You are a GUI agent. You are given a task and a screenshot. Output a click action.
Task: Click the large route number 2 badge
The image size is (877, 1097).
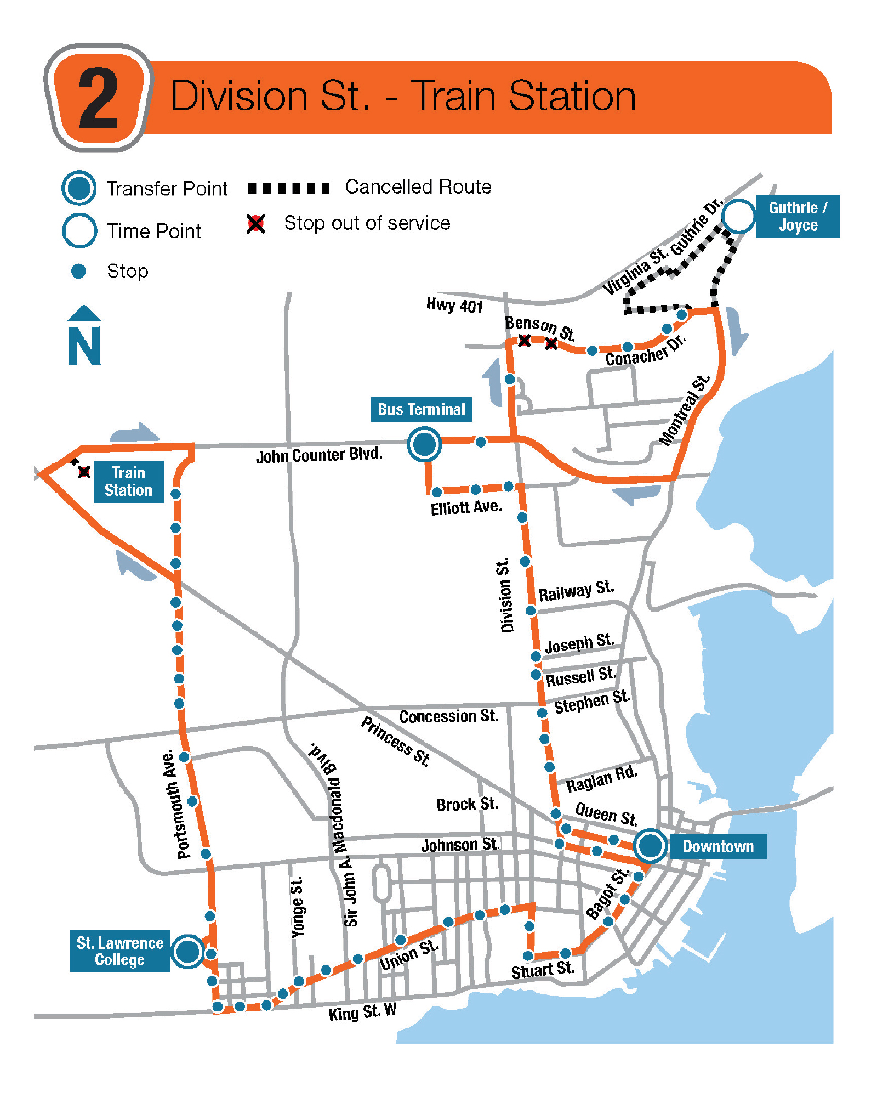99,98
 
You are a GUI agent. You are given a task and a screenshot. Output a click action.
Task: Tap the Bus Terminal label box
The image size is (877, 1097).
421,409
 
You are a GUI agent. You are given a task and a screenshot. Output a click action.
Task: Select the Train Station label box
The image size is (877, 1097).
128,481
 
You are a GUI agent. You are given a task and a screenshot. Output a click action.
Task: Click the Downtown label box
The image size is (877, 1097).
717,846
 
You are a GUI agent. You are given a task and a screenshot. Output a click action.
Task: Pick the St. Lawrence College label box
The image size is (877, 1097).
119,951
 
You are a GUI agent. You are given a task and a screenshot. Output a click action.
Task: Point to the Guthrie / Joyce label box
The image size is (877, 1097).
798,216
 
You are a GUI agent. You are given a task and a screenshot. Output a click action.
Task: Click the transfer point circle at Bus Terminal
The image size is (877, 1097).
424,444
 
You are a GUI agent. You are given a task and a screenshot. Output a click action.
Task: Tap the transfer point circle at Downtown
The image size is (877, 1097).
651,845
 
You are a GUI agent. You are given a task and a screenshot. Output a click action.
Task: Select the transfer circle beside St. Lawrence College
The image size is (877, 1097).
188,951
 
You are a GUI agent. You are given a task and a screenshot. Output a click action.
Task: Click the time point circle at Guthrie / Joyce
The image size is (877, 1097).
738,216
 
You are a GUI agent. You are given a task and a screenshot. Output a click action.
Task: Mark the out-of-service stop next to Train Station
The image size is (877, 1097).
84,471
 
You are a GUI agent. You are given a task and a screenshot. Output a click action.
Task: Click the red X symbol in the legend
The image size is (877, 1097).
256,224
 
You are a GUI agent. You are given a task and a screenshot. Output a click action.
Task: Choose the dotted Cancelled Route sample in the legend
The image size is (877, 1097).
289,188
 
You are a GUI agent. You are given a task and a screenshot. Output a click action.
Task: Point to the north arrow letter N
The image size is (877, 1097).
84,345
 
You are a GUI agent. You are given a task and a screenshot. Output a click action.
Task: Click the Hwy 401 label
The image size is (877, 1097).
454,305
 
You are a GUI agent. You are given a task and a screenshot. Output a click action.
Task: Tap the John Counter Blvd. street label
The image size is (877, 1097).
319,455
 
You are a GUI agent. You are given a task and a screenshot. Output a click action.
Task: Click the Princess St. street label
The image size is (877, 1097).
395,740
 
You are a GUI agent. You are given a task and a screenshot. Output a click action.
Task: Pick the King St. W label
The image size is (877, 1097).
362,1012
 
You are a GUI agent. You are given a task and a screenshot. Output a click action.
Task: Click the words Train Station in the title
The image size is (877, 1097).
523,96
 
